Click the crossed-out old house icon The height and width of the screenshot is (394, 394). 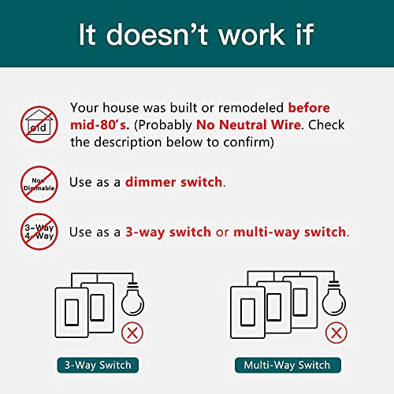pos(39,125)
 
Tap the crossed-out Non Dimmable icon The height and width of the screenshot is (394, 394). pos(39,184)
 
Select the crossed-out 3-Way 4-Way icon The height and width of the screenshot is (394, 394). pos(39,232)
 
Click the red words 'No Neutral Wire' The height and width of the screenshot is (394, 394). pos(248,125)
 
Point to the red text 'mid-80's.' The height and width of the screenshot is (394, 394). pos(100,125)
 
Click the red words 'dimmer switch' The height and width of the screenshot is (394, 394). pos(173,182)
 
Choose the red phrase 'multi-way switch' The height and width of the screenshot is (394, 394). pos(290,232)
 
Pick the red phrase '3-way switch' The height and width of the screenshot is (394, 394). pos(168,232)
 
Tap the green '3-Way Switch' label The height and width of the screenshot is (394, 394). pos(98,365)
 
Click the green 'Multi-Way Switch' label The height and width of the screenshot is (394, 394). pos(288,365)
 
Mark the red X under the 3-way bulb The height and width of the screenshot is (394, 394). pos(132,333)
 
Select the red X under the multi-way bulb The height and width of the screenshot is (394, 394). pos(336,333)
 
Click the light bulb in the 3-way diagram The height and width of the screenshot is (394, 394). pos(132,299)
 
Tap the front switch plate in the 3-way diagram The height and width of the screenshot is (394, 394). pos(72,313)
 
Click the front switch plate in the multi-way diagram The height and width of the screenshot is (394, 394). pos(247,312)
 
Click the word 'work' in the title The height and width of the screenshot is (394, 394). pos(252,35)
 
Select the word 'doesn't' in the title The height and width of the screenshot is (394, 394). pos(157,34)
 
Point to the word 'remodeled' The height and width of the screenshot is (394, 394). pos(251,108)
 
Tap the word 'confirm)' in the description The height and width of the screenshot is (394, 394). pos(249,142)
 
